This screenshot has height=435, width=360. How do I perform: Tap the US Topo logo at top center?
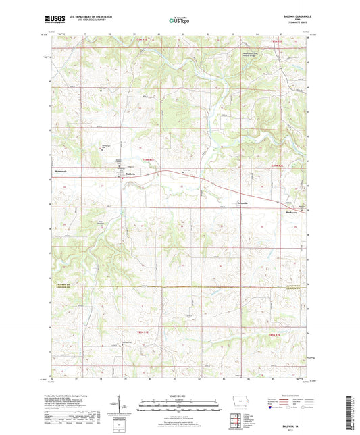(x=178, y=21)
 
